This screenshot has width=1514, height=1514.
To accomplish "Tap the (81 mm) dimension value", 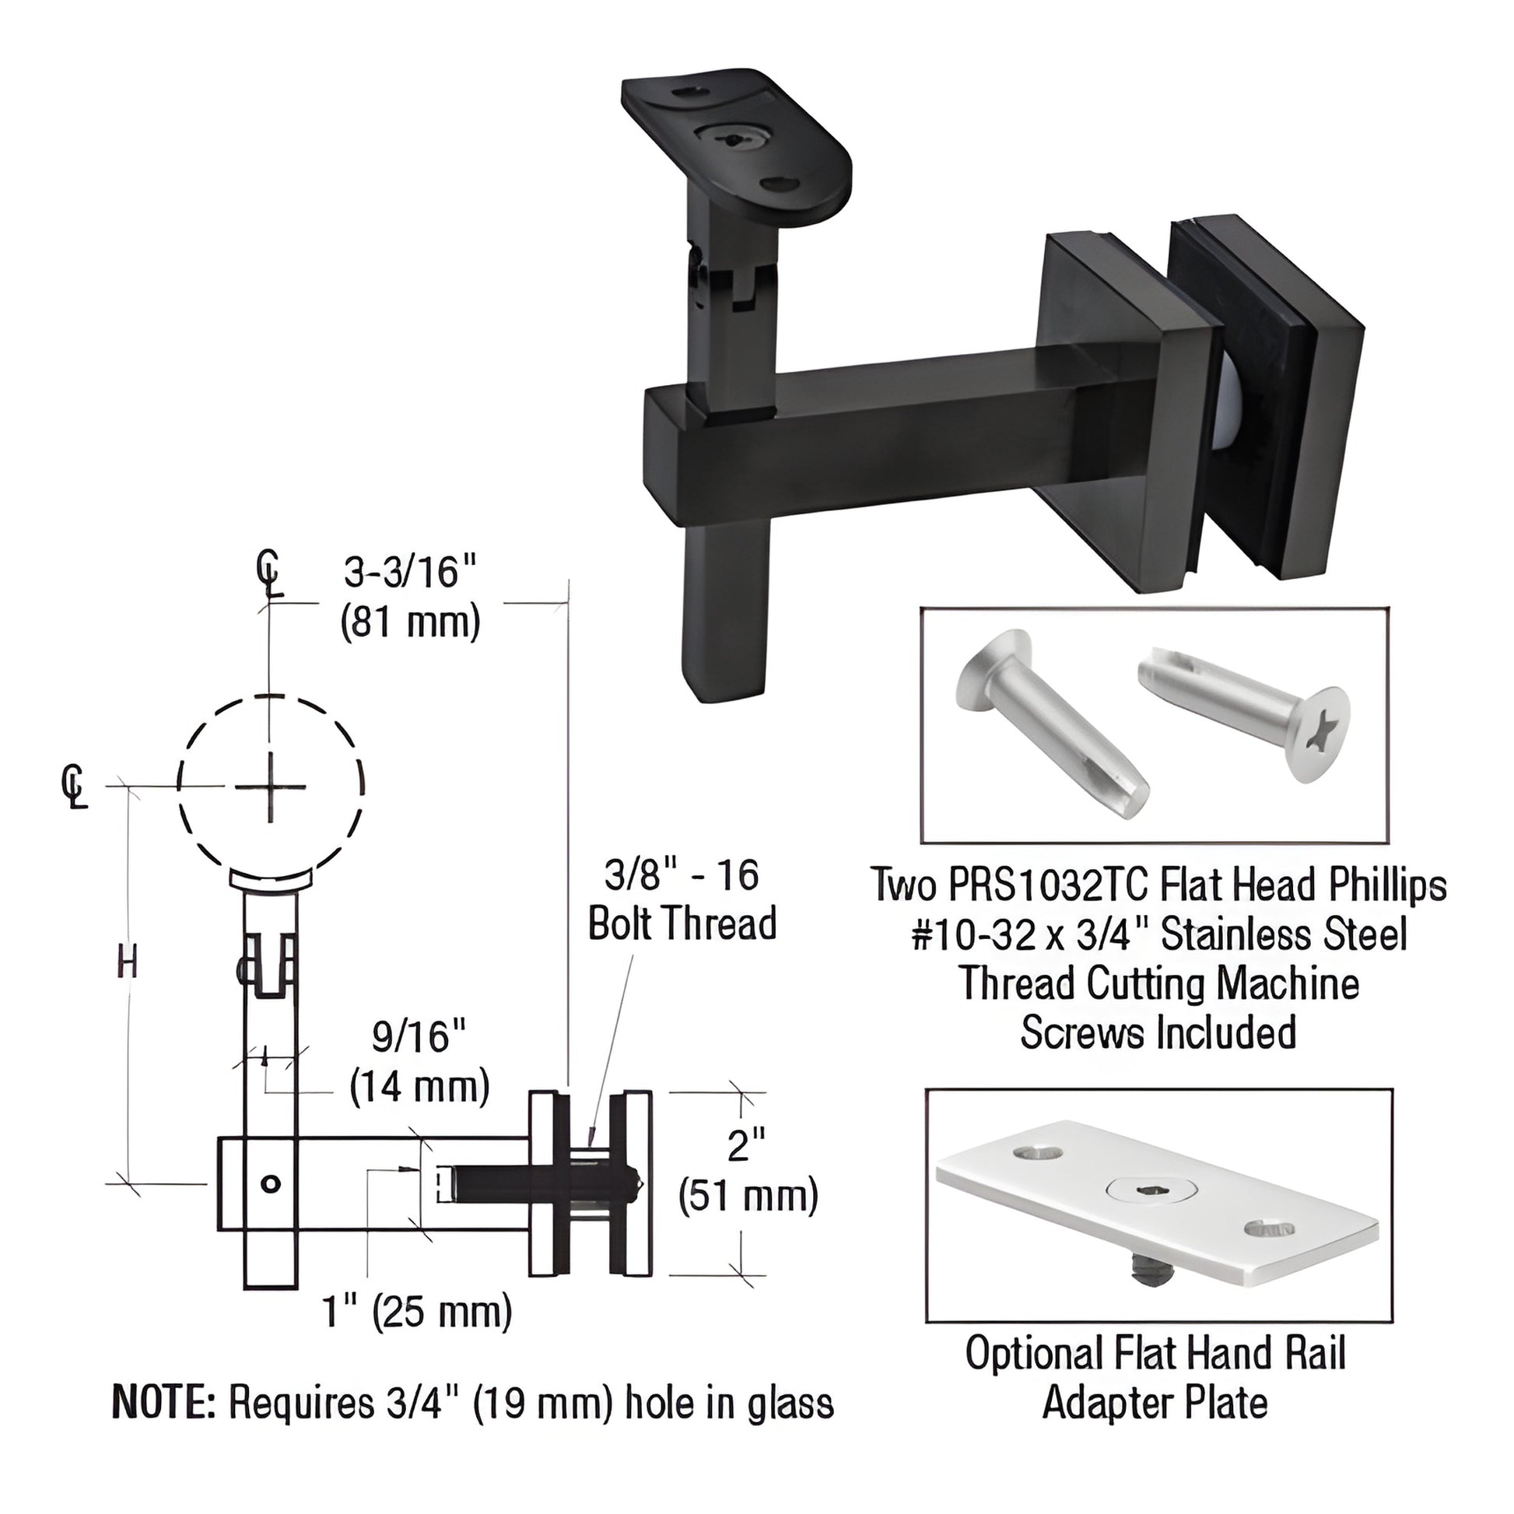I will (411, 625).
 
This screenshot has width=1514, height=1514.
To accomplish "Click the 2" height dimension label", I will (746, 1147).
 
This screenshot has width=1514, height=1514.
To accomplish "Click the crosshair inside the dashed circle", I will (271, 786).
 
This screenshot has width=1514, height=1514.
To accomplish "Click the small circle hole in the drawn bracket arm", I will (271, 1184).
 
